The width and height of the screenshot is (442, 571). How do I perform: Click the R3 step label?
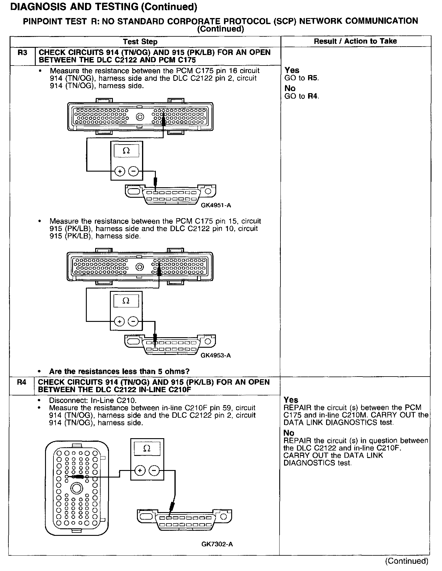pos(22,53)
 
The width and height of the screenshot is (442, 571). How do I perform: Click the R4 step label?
pos(22,382)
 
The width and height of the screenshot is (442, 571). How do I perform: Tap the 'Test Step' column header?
pos(140,42)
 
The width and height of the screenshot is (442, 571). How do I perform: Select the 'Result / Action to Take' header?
pos(355,41)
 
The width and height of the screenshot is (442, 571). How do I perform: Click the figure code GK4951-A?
pos(216,206)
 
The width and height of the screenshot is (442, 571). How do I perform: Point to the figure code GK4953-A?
pos(216,356)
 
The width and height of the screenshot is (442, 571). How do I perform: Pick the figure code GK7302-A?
pos(217,544)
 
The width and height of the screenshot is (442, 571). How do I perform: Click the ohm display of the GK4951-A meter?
pos(126,151)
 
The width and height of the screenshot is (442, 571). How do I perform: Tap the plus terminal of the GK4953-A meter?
pos(120,322)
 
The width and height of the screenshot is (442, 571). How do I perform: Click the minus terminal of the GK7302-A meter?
pos(154,471)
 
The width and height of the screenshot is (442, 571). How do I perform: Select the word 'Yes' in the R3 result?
pos(292,70)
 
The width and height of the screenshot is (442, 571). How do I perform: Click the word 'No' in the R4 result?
pos(289,433)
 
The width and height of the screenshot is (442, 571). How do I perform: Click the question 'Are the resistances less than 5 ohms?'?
pos(119,371)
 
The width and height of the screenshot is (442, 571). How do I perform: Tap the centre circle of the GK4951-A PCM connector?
pos(140,117)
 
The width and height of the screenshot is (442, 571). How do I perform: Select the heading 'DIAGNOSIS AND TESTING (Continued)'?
pos(104,7)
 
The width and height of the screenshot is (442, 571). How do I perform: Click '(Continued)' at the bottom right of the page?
pos(407,561)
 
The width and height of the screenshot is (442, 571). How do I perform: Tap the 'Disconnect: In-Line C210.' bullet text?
pos(93,401)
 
